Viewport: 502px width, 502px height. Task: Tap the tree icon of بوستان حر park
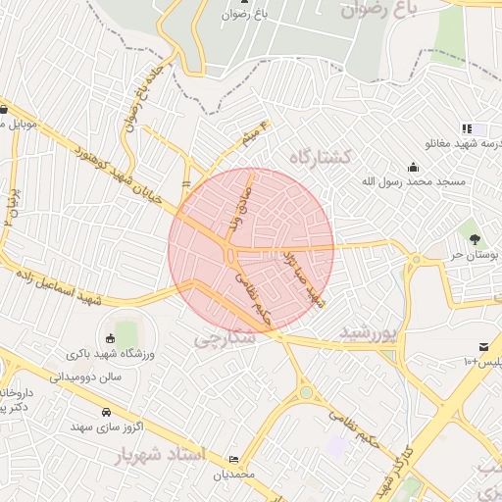tap(476, 238)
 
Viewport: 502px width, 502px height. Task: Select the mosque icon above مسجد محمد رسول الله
tap(413, 166)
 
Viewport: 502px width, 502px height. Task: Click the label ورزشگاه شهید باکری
tap(109, 355)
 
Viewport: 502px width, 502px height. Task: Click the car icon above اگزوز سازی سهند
tap(104, 412)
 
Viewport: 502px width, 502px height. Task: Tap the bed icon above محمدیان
tap(232, 459)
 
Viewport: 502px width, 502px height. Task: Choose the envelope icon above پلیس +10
tap(483, 346)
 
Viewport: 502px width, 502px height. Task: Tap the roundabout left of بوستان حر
tap(418, 260)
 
